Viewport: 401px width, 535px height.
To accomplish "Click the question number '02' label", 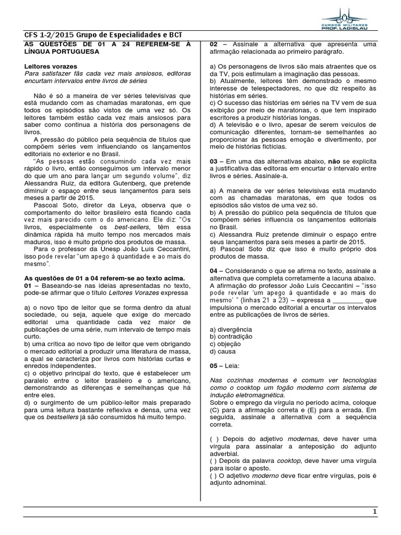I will point(214,44).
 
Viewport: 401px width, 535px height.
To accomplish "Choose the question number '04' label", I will point(214,271).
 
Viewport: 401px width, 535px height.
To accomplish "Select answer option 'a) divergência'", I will point(230,330).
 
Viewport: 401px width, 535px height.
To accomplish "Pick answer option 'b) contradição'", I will point(231,337).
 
